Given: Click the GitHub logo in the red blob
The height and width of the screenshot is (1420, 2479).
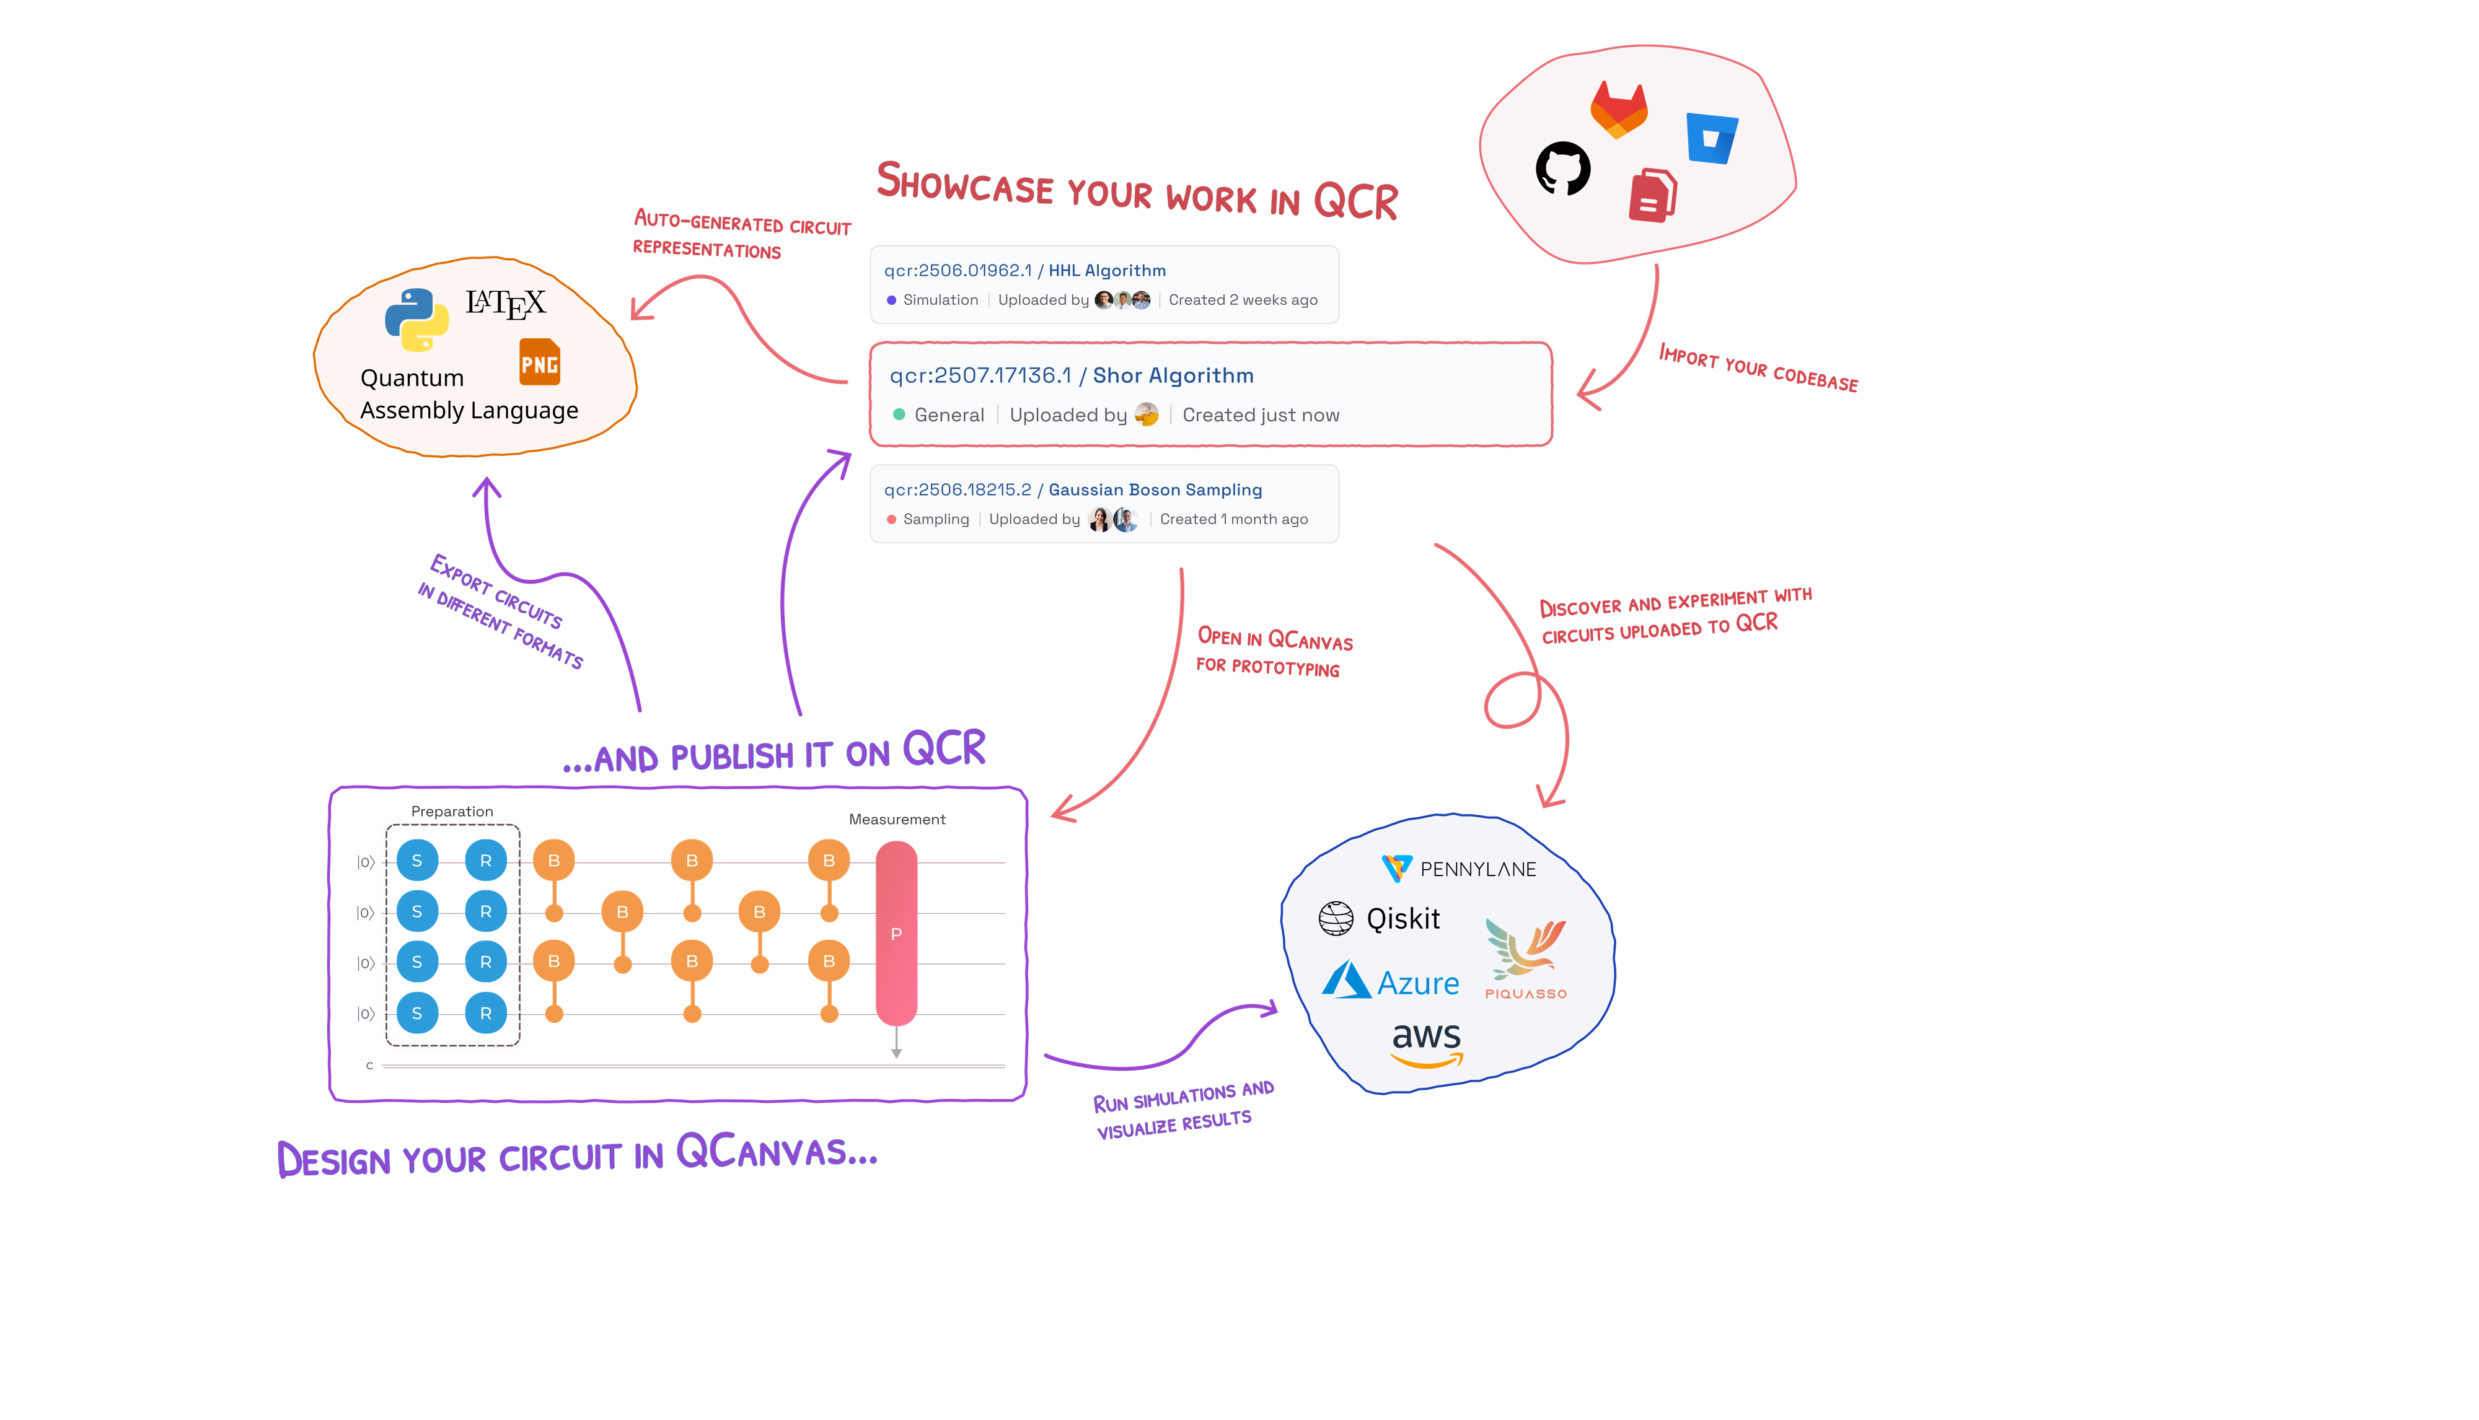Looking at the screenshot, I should pos(1563,169).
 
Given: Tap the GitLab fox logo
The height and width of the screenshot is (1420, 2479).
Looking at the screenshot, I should pos(1619,109).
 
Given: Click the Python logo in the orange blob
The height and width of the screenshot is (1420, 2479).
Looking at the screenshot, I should pos(416,320).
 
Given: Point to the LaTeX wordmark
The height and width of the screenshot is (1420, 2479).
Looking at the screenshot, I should pos(505,304).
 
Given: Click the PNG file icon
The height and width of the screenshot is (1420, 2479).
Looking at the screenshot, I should pos(540,362).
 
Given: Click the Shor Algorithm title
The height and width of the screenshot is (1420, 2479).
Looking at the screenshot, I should pos(1173,375).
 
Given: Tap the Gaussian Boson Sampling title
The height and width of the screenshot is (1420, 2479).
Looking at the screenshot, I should pos(1155,489).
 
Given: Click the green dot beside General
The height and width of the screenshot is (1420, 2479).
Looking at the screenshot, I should pos(899,414).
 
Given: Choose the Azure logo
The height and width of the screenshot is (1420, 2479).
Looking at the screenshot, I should pos(1391,981).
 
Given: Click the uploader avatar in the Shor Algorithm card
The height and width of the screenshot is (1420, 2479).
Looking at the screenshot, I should pos(1147,414).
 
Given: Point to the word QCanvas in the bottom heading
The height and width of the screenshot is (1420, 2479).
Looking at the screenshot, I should pos(775,1152).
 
